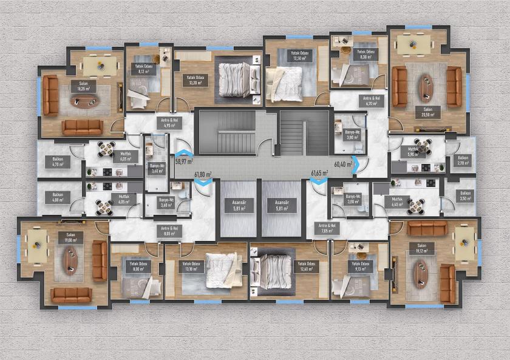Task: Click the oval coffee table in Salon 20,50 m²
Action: (426, 87)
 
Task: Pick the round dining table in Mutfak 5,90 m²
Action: (423, 146)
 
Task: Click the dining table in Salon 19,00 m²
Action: (36, 245)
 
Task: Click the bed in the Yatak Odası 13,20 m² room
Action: (234, 76)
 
